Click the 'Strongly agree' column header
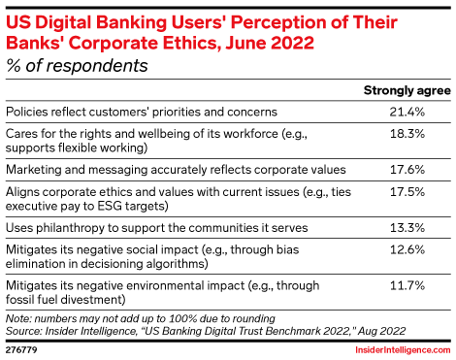tap(405, 91)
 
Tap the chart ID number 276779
tap(23, 345)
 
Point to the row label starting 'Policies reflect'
tap(142, 113)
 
